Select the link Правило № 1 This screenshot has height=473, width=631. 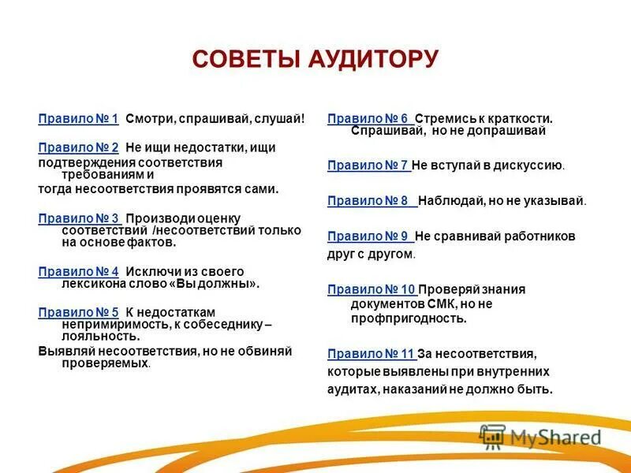(78, 118)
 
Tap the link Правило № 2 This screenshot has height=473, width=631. (78, 147)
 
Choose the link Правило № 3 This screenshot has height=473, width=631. (78, 218)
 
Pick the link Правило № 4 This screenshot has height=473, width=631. (78, 271)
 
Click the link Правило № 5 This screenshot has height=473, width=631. (78, 312)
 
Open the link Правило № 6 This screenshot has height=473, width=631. (368, 118)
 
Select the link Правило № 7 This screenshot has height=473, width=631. (368, 166)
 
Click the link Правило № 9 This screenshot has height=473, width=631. (368, 236)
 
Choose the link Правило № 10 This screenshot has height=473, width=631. (371, 289)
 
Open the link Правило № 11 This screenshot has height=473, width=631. (371, 353)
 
